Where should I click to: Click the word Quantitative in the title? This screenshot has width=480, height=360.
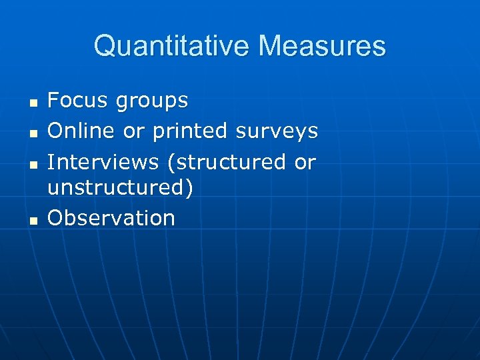(172, 46)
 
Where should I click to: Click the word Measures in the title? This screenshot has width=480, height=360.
(322, 46)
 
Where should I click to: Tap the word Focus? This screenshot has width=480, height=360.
(77, 101)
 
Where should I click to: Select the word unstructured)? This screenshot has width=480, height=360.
(121, 187)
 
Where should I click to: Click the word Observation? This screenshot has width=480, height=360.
(111, 218)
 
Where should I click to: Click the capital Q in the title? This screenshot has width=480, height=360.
(105, 46)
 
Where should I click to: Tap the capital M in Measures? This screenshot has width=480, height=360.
(270, 46)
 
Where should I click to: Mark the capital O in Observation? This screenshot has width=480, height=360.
(56, 218)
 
